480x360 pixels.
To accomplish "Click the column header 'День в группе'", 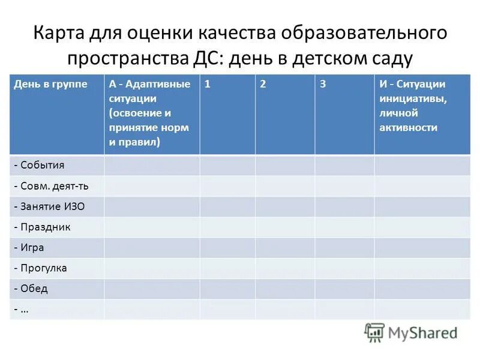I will [x=50, y=85].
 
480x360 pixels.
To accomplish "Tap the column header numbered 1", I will [x=208, y=85].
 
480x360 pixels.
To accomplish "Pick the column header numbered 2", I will [x=263, y=85].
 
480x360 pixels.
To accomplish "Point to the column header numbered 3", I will [x=323, y=85].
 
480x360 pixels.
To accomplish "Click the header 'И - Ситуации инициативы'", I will [x=412, y=106].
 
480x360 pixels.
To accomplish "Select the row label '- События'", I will [x=39, y=165].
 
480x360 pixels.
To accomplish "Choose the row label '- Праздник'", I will [x=42, y=227].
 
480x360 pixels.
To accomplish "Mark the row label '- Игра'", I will [x=29, y=247].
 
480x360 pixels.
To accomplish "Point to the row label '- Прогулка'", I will [x=40, y=268].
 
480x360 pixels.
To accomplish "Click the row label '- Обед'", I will [x=31, y=289].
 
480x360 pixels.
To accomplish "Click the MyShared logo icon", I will [x=374, y=332].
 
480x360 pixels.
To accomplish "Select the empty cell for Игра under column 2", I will [x=285, y=247].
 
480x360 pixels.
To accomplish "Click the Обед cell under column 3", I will [x=344, y=289].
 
